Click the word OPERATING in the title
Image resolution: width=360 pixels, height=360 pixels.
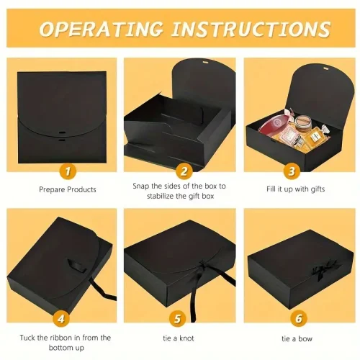tap(102, 30)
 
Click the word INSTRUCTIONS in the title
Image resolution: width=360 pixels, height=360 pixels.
tap(251, 30)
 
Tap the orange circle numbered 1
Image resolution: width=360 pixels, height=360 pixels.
tap(68, 171)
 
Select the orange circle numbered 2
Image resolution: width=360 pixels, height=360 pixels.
tap(184, 171)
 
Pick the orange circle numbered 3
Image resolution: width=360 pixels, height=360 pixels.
tap(292, 171)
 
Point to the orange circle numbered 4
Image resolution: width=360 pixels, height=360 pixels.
tap(61, 319)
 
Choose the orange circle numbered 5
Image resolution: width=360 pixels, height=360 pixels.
tap(177, 319)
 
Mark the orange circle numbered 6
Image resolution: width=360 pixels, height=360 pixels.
tap(299, 319)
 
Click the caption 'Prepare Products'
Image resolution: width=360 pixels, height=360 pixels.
tap(68, 189)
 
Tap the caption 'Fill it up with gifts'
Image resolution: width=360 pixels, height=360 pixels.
tap(295, 189)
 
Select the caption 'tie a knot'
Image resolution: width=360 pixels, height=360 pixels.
tap(179, 338)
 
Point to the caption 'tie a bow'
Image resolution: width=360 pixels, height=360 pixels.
tap(297, 338)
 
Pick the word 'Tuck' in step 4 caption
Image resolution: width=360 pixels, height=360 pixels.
tap(27, 338)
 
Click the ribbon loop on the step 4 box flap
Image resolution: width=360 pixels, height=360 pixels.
tap(76, 266)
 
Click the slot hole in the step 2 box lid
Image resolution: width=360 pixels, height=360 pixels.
tap(205, 63)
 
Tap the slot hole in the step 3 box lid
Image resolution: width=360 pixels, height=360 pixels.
tap(325, 69)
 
